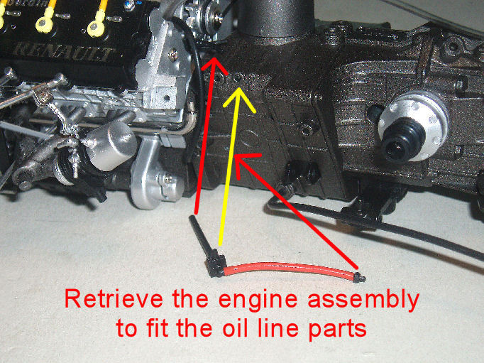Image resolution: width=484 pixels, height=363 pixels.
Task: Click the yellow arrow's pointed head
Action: (x=238, y=90)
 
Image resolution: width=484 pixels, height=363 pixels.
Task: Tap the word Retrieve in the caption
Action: (x=114, y=299)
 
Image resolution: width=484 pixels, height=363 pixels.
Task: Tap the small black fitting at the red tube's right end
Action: (x=359, y=278)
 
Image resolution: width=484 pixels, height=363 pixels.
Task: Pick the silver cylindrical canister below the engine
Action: (x=110, y=146)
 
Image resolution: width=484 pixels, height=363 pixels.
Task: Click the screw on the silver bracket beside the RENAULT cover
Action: (x=173, y=55)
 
